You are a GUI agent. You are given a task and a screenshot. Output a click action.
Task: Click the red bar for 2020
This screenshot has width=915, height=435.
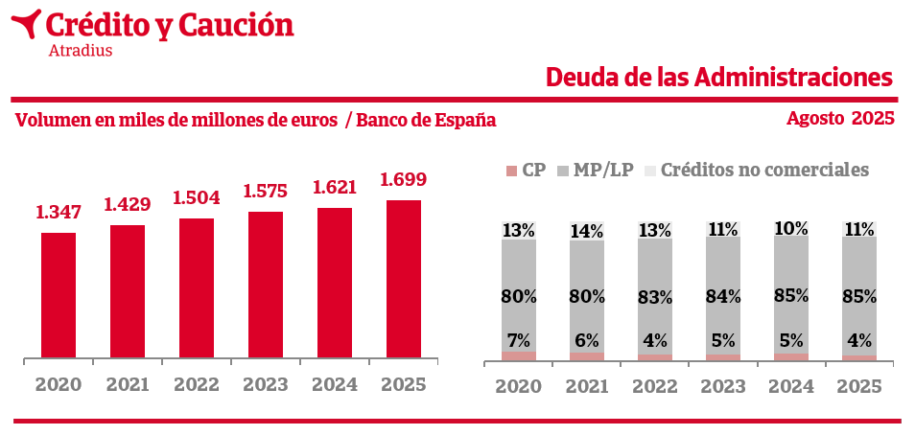pyautogui.click(x=59, y=296)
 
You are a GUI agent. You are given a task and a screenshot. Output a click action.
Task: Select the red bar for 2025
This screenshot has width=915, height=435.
pyautogui.click(x=403, y=280)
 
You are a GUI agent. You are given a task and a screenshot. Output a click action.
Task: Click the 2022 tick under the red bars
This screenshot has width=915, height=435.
pyautogui.click(x=197, y=385)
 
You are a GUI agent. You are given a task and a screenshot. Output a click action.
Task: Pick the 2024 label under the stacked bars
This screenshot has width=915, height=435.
pyautogui.click(x=791, y=387)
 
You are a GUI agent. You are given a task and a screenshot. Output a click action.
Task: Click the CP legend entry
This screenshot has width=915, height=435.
pyautogui.click(x=526, y=171)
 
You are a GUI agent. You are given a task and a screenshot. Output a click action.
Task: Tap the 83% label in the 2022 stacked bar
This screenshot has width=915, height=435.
pyautogui.click(x=655, y=297)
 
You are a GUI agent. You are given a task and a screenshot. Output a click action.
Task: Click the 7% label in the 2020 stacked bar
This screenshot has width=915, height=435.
pyautogui.click(x=519, y=339)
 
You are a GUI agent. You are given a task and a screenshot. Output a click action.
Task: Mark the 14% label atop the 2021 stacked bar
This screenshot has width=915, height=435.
pyautogui.click(x=587, y=231)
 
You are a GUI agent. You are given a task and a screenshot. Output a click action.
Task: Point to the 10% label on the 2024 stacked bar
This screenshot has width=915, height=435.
pyautogui.click(x=791, y=229)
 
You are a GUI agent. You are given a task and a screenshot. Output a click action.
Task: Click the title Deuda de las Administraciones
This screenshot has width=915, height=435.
pyautogui.click(x=719, y=77)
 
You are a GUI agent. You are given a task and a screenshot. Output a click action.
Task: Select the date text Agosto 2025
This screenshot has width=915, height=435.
pyautogui.click(x=840, y=119)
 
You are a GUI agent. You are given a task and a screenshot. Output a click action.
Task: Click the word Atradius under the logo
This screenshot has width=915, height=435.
pyautogui.click(x=80, y=51)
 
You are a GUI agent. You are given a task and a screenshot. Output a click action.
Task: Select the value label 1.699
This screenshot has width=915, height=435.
pyautogui.click(x=403, y=179)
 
